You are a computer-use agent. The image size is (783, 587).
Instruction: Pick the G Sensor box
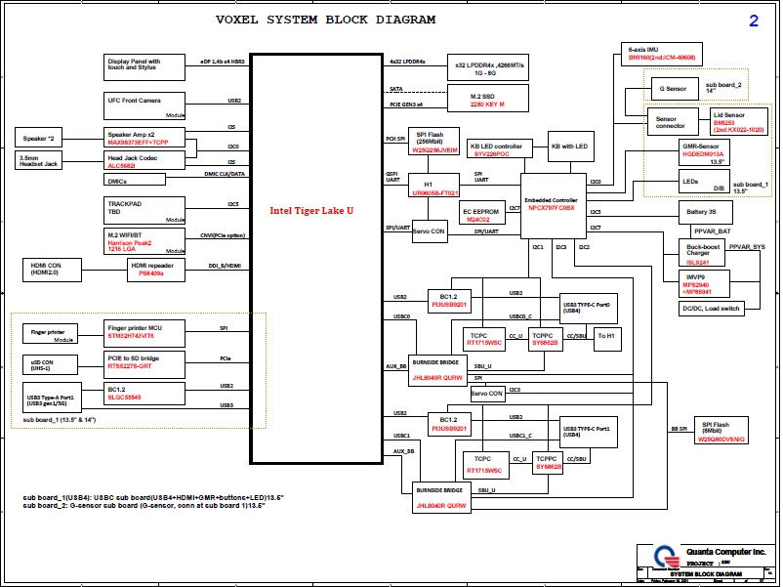click(674, 89)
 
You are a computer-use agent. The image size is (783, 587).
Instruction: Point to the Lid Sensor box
click(732, 122)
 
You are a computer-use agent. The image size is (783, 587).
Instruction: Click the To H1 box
click(607, 336)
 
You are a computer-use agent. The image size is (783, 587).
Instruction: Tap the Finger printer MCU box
click(144, 332)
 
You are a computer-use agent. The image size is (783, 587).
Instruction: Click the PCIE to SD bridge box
click(144, 363)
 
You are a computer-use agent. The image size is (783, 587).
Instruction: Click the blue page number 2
click(753, 21)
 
